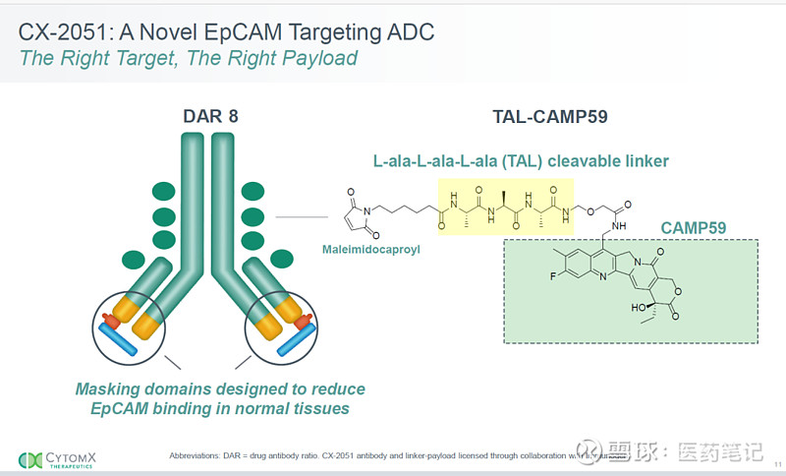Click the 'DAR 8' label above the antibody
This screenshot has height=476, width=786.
pyautogui.click(x=210, y=116)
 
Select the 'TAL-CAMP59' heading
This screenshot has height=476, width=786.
pyautogui.click(x=549, y=116)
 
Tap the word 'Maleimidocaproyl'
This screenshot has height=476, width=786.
pyautogui.click(x=370, y=250)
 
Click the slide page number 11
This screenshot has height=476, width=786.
pyautogui.click(x=777, y=463)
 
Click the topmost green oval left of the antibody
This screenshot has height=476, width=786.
pyautogui.click(x=163, y=191)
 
